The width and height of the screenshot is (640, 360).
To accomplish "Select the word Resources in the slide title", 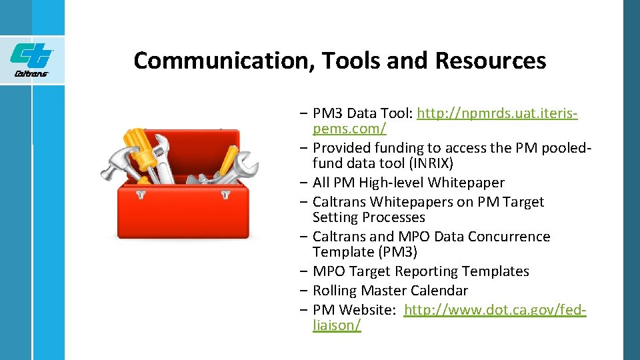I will [490, 61].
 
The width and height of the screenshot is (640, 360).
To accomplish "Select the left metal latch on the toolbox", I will [141, 195].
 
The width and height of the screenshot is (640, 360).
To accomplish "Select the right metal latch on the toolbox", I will [225, 195].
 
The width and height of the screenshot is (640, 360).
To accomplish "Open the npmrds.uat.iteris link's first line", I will [497, 113].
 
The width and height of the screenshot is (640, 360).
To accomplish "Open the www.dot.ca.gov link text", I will [495, 310].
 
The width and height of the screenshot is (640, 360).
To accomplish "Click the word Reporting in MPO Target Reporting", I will [426, 271].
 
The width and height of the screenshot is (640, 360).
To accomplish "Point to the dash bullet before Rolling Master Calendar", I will [304, 291].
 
